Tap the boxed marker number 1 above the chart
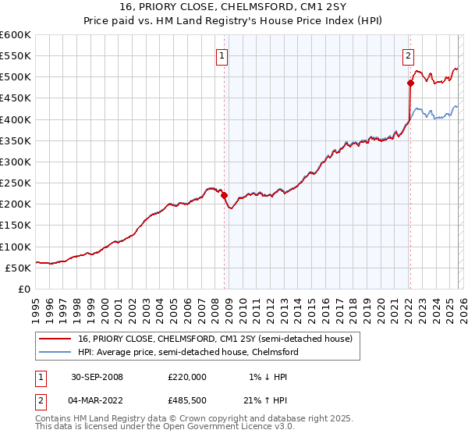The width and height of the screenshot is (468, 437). click(x=222, y=55)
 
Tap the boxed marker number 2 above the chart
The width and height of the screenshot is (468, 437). click(x=408, y=55)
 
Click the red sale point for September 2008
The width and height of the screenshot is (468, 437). click(x=224, y=195)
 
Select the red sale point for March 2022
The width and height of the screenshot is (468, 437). click(x=409, y=82)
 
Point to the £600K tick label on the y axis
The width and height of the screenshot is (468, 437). click(x=15, y=35)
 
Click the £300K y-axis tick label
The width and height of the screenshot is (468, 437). click(x=15, y=162)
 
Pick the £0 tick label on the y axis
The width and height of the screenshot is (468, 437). click(x=24, y=289)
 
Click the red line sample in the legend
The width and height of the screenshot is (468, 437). click(x=55, y=339)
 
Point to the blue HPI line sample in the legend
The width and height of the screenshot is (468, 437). click(x=55, y=352)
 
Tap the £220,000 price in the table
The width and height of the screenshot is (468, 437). click(x=187, y=376)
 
